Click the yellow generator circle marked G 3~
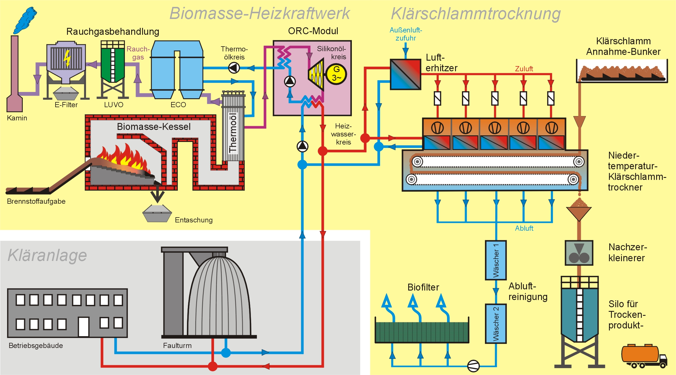pos(336,74)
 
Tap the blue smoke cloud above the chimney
pos(25,20)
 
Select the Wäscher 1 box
pos(496,260)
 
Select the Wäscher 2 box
pos(496,324)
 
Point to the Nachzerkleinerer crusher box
pos(579,253)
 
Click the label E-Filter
pos(66,105)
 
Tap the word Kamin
pos(17,118)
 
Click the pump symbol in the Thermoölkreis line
pos(234,68)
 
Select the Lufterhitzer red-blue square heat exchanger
pos(405,74)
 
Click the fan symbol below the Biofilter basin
pos(473,366)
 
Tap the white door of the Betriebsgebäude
pos(84,326)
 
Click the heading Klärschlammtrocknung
pos(476,14)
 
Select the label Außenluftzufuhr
pos(406,34)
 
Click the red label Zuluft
pos(524,69)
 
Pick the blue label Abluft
pos(524,228)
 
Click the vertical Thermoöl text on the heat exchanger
pos(233,132)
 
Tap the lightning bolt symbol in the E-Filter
pos(67,58)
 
